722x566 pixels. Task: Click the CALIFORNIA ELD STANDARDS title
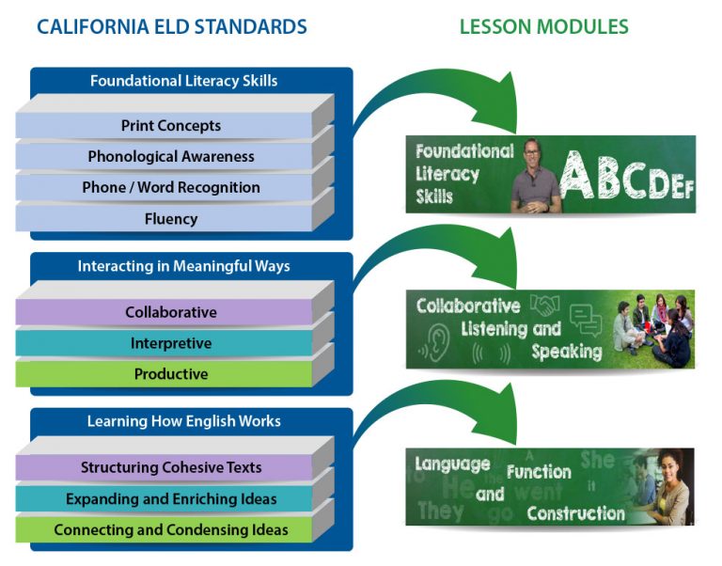coord(171,26)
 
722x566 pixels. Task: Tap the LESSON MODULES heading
coord(543,26)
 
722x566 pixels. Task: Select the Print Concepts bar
coord(170,126)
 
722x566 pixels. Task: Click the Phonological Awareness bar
coord(170,156)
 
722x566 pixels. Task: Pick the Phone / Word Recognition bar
coord(170,187)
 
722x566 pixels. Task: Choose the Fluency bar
coord(170,218)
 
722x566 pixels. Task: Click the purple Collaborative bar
coord(170,312)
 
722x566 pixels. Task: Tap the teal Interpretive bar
coord(170,343)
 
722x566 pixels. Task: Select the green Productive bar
coord(170,374)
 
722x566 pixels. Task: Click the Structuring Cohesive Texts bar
coord(170,467)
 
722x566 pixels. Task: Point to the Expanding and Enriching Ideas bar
coord(170,498)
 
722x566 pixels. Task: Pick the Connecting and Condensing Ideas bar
coord(170,529)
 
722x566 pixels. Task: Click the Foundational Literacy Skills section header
coord(183,81)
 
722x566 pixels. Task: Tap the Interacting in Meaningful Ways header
coord(183,266)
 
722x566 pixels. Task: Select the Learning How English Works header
coord(183,421)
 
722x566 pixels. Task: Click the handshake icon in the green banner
coord(544,306)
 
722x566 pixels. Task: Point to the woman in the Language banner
coord(666,484)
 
